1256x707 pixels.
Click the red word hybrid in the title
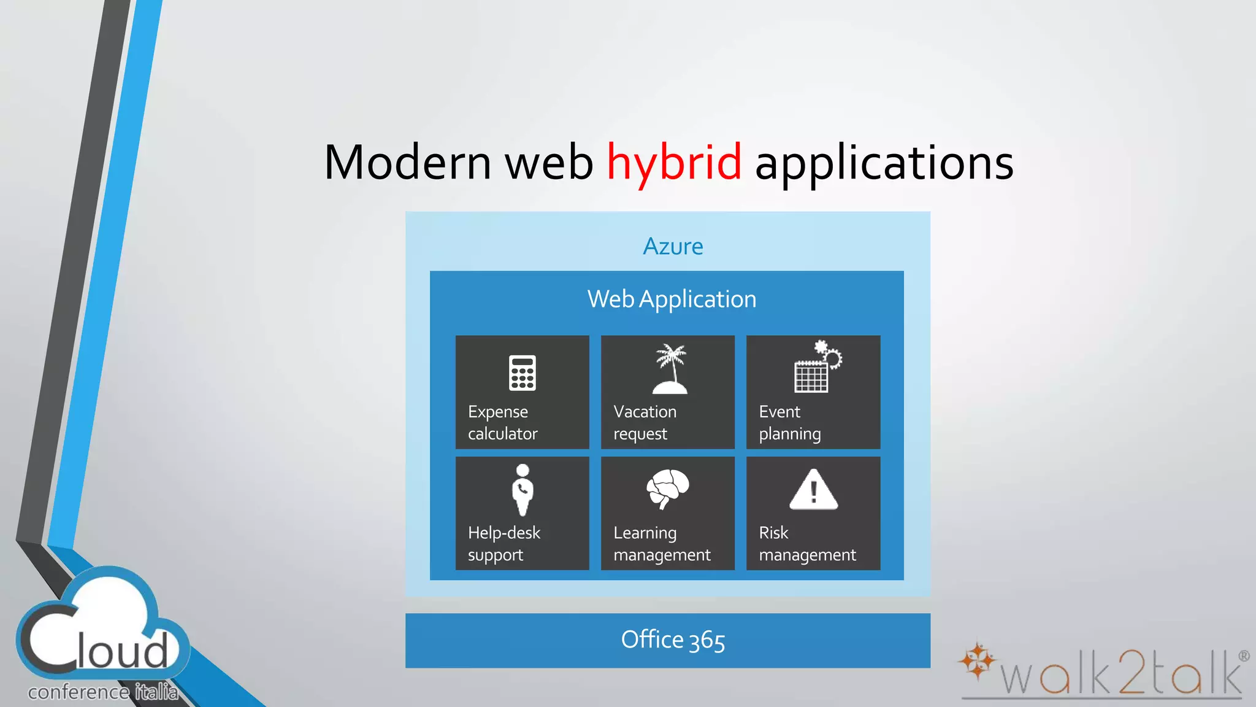click(x=673, y=163)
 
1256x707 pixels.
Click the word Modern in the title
click(x=407, y=163)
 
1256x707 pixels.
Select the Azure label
click(x=673, y=247)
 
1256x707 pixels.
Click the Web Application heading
click(x=672, y=299)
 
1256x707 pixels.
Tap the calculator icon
click(x=522, y=373)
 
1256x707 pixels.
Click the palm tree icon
click(x=670, y=369)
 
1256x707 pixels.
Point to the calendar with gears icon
click(x=817, y=367)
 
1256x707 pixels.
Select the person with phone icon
click(x=523, y=490)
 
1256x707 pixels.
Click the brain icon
click(x=667, y=489)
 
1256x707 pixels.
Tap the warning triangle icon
click(x=813, y=490)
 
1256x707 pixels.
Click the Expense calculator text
click(x=502, y=422)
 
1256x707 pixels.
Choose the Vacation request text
click(x=645, y=422)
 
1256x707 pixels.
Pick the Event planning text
click(x=789, y=422)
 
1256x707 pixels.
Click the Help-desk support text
click(x=504, y=543)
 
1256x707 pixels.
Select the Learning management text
click(x=661, y=543)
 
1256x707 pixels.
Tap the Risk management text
click(x=806, y=543)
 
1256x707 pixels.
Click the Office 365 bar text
click(x=673, y=640)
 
